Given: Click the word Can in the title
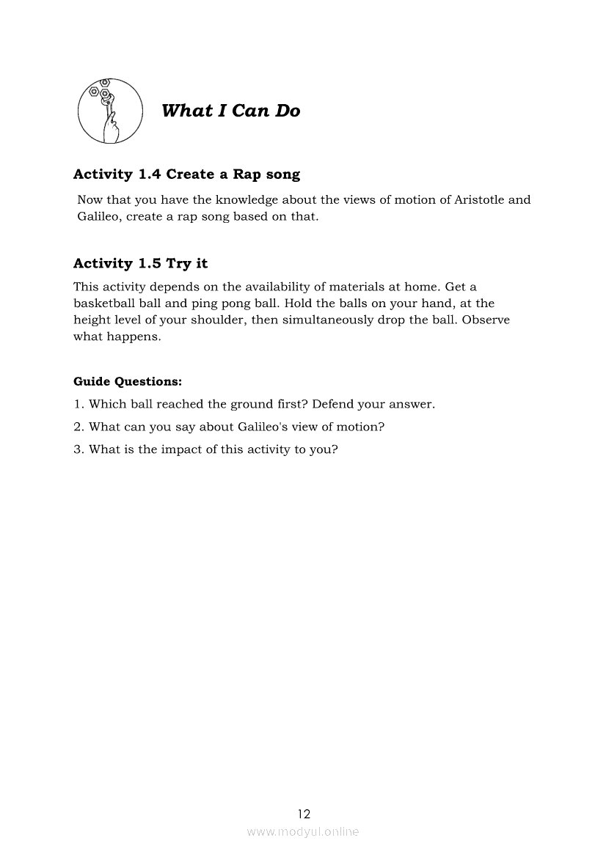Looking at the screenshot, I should pyautogui.click(x=251, y=111).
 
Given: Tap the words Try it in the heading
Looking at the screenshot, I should pyautogui.click(x=187, y=264).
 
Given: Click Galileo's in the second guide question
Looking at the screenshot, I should pyautogui.click(x=265, y=427).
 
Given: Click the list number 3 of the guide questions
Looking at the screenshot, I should pyautogui.click(x=77, y=449).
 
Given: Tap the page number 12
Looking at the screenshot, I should pyautogui.click(x=304, y=814).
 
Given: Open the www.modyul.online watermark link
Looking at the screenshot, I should pyautogui.click(x=303, y=832).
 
